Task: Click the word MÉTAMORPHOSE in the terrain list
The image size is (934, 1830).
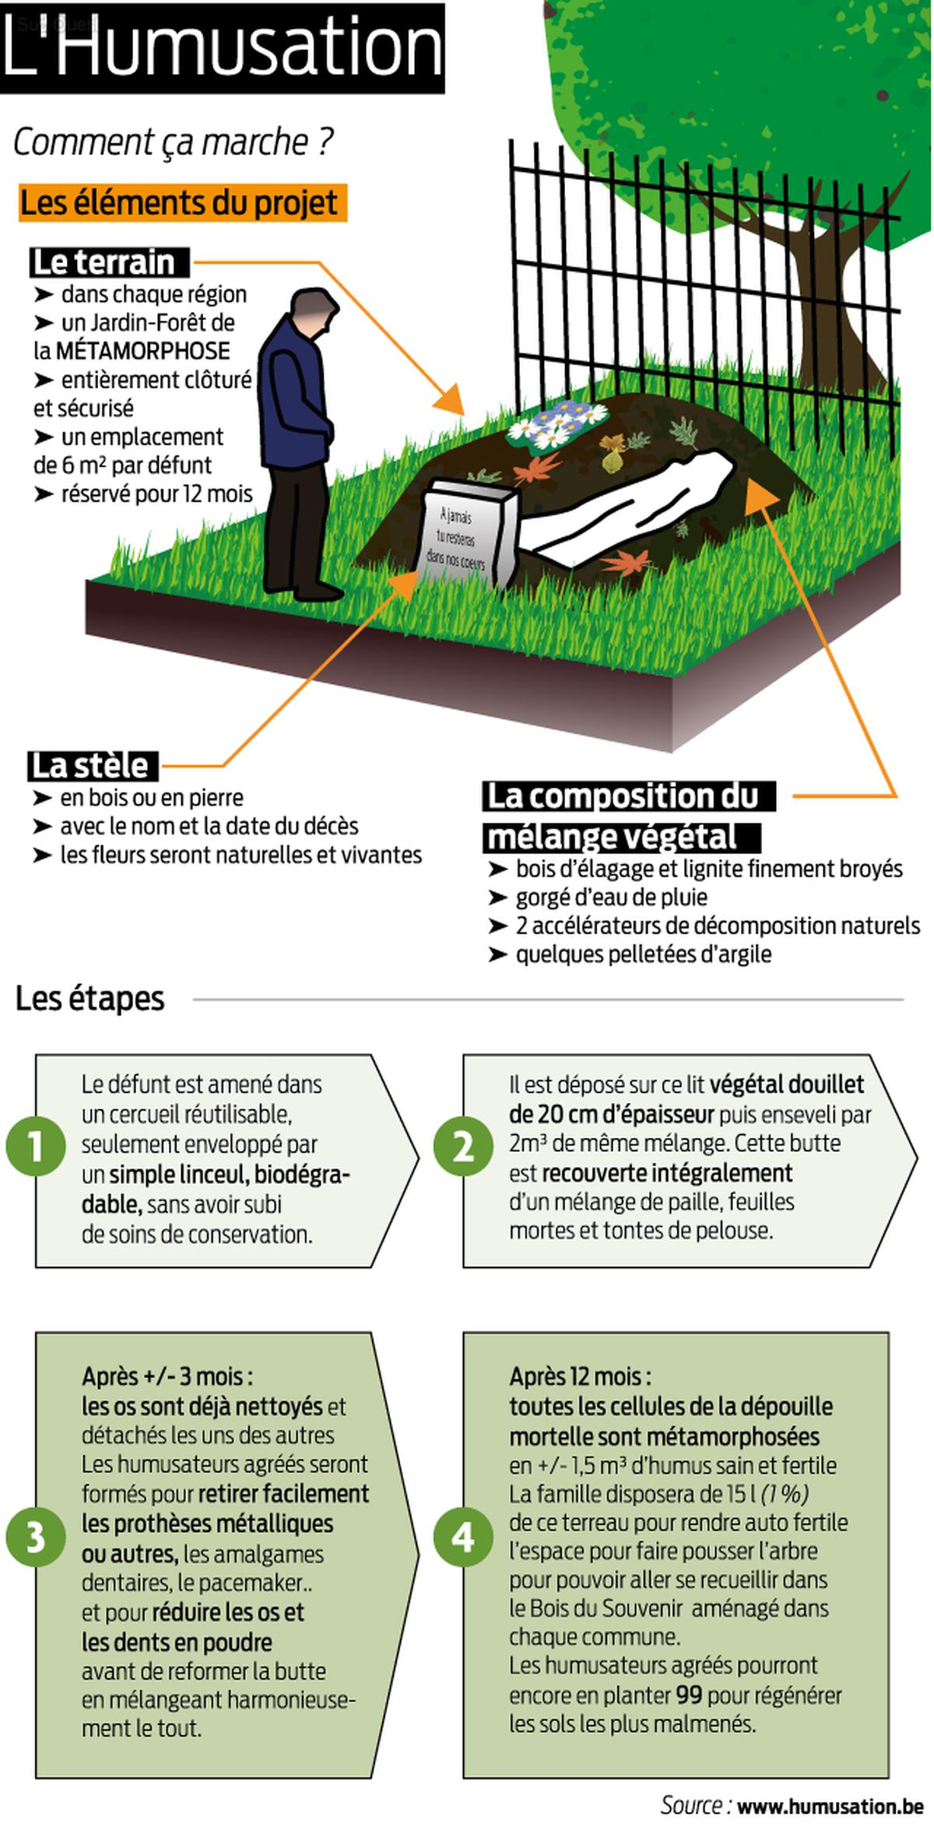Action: click(x=143, y=351)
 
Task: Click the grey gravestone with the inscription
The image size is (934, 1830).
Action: click(x=468, y=536)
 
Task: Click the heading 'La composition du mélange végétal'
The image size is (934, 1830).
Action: click(x=623, y=816)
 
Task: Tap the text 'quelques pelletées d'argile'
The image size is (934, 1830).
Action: click(x=643, y=954)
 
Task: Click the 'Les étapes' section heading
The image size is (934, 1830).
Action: click(x=90, y=999)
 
